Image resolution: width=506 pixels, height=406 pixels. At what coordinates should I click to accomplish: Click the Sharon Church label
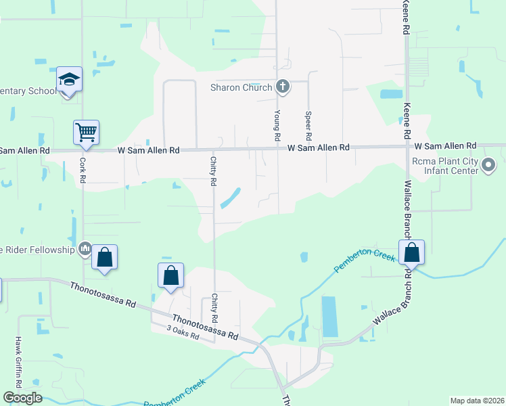coord(241,87)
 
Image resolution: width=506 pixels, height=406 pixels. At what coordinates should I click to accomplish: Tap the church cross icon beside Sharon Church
coord(283,87)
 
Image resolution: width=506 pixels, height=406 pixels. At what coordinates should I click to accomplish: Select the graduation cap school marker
coord(69,81)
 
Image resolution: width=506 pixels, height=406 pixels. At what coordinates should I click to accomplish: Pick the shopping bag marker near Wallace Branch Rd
coord(411,253)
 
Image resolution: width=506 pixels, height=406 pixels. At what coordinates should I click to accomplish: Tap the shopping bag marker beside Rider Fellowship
coord(104,258)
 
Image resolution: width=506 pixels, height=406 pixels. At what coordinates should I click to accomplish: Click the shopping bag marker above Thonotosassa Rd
coord(170,276)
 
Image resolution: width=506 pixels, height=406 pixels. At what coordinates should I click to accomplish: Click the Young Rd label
coord(277,126)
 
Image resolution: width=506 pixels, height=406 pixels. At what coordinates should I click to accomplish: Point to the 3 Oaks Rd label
coord(183,332)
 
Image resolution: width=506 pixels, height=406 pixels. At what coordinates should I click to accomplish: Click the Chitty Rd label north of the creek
coord(213,172)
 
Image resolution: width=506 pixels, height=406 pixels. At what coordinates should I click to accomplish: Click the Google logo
coord(22,398)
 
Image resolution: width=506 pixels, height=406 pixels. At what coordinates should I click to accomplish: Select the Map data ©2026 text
coord(477,401)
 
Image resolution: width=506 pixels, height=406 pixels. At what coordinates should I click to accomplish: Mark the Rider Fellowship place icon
coord(85,250)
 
